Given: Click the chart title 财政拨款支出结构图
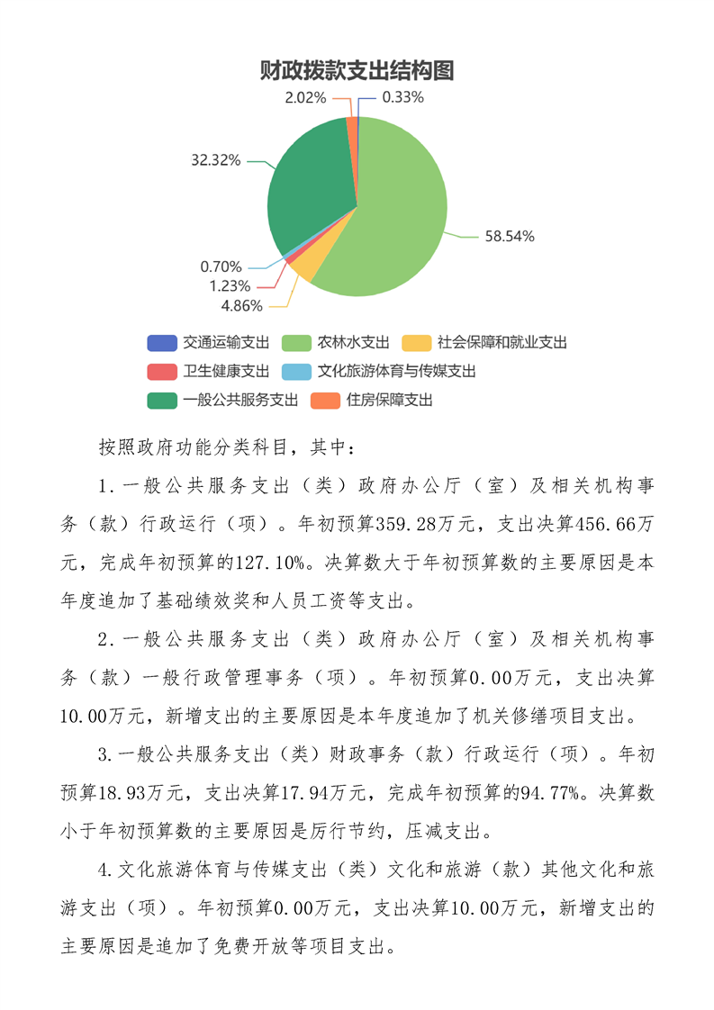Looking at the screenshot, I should (357, 71).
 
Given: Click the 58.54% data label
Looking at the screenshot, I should (510, 237).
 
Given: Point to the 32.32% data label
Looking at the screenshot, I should (215, 160).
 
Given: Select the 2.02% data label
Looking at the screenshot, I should (305, 97).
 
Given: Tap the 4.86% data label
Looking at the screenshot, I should (242, 305).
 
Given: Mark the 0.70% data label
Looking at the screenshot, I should (221, 266).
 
